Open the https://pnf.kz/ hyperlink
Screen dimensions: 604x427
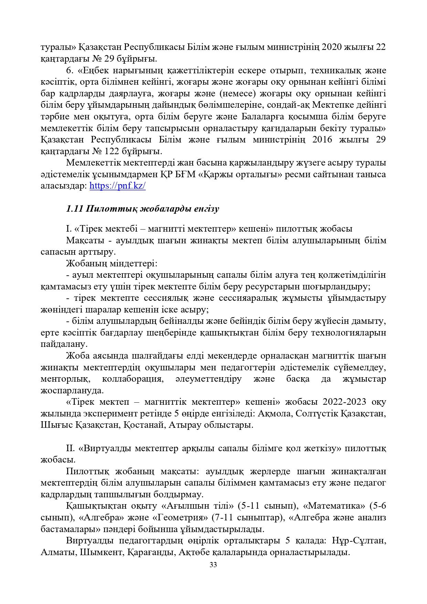[117, 186]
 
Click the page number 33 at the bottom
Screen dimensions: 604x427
[213, 565]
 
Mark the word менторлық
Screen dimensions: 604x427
[65, 379]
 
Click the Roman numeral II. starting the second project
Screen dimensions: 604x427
[71, 448]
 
